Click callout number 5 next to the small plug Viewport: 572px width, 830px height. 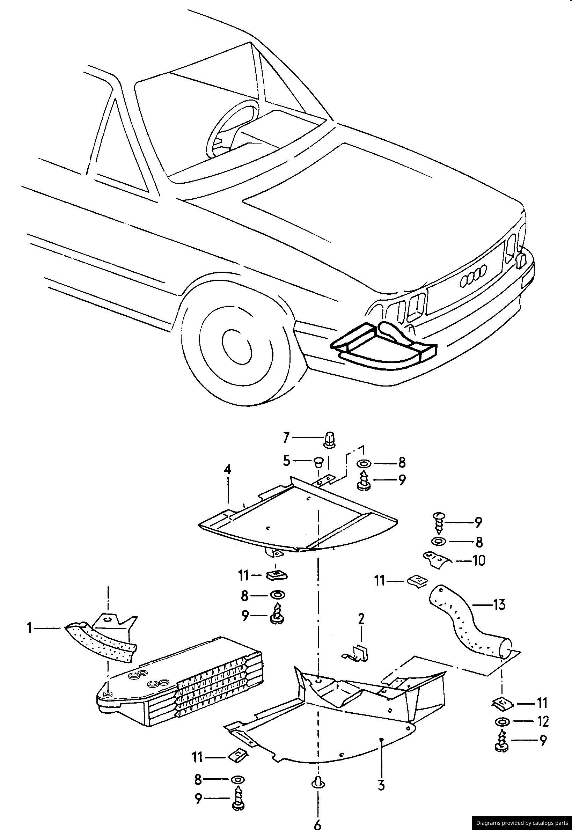pos(286,461)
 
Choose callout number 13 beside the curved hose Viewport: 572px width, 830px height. pos(499,604)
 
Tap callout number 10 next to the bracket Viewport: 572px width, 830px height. pos(479,560)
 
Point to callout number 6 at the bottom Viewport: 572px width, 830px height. pos(317,822)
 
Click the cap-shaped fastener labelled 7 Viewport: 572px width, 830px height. pos(329,440)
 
